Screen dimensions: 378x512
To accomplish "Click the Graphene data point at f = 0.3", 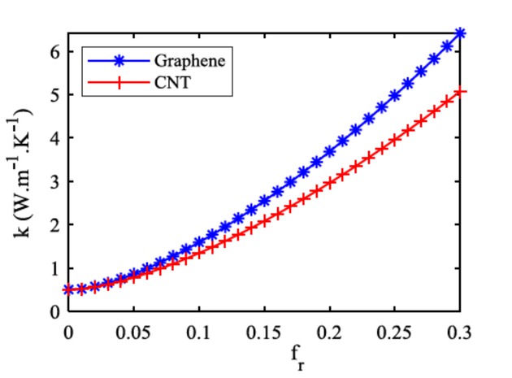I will pyautogui.click(x=460, y=33).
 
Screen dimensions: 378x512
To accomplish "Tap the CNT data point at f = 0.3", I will pyautogui.click(x=460, y=92).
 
